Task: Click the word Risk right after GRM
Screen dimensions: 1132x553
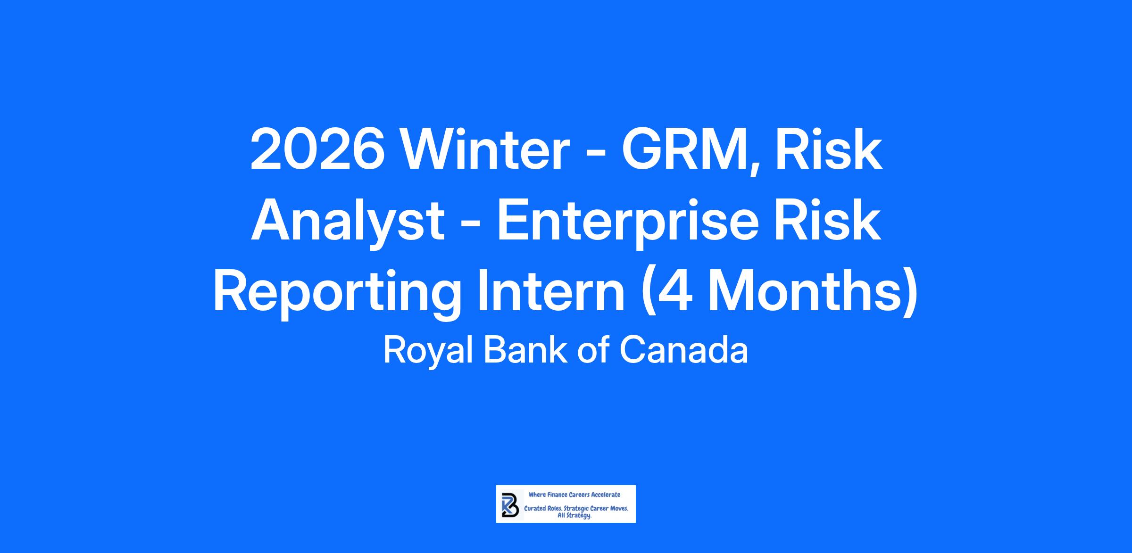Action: tap(829, 149)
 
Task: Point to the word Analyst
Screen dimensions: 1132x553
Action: tap(348, 222)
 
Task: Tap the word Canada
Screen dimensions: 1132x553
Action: tap(683, 351)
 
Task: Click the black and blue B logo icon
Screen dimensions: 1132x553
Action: tap(510, 504)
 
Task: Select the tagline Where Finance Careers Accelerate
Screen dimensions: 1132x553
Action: tap(574, 495)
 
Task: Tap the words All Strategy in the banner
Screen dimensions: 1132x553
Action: tap(574, 516)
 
